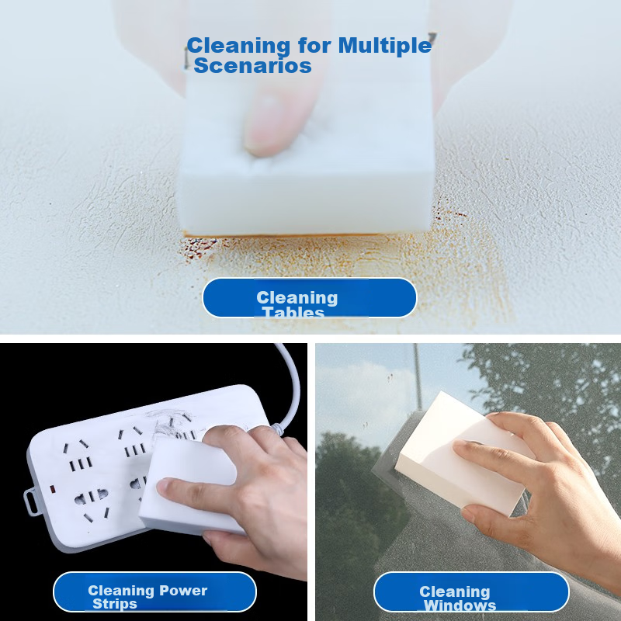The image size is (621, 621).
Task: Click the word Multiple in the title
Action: [x=383, y=46]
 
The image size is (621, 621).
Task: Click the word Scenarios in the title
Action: [x=252, y=66]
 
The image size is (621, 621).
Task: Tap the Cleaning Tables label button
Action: [x=309, y=298]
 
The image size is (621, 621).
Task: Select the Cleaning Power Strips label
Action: [x=154, y=593]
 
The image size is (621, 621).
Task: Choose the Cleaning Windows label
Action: [x=471, y=594]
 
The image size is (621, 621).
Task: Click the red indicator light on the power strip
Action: [x=51, y=489]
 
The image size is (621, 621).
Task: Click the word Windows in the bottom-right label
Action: [x=460, y=605]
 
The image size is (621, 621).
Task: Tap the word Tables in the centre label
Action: [x=293, y=313]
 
